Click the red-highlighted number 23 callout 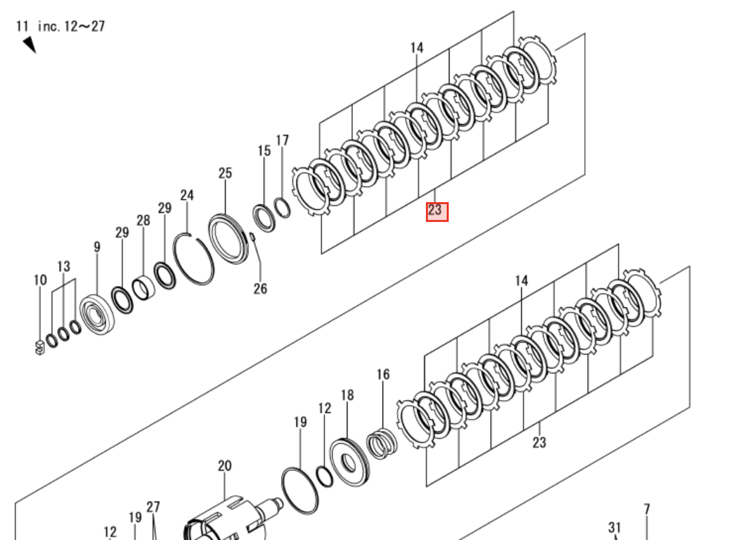(x=437, y=212)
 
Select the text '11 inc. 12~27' (x=60, y=26)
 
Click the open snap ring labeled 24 (x=194, y=259)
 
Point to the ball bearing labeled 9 (x=97, y=314)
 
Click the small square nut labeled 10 (x=40, y=348)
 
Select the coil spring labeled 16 (x=381, y=443)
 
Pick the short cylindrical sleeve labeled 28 (x=144, y=288)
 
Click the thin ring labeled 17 (x=282, y=208)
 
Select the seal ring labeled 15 (x=264, y=218)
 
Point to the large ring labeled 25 (x=228, y=239)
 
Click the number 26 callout (x=261, y=289)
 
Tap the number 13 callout (x=63, y=267)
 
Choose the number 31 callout (x=615, y=528)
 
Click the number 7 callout (x=647, y=509)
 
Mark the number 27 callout (x=153, y=507)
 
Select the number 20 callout (x=225, y=466)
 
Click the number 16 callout (x=383, y=375)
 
